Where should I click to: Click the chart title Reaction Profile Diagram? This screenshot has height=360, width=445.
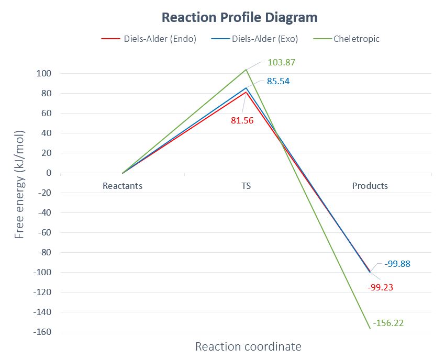click(x=239, y=17)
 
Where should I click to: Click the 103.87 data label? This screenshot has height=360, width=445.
click(x=282, y=62)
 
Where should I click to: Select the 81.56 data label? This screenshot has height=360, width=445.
click(x=242, y=120)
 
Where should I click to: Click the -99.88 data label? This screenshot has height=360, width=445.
click(x=397, y=264)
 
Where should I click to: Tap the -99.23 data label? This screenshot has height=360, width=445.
click(x=381, y=287)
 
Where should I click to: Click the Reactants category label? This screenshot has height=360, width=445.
click(x=123, y=186)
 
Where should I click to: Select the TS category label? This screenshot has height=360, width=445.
click(x=246, y=186)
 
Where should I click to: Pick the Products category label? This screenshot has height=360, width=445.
click(x=370, y=186)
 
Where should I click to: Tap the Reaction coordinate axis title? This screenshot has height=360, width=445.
click(x=248, y=346)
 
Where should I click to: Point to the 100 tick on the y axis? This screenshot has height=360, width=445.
click(x=43, y=74)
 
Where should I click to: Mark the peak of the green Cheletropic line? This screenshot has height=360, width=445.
click(x=246, y=70)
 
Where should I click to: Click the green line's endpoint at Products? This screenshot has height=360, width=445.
click(x=370, y=328)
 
